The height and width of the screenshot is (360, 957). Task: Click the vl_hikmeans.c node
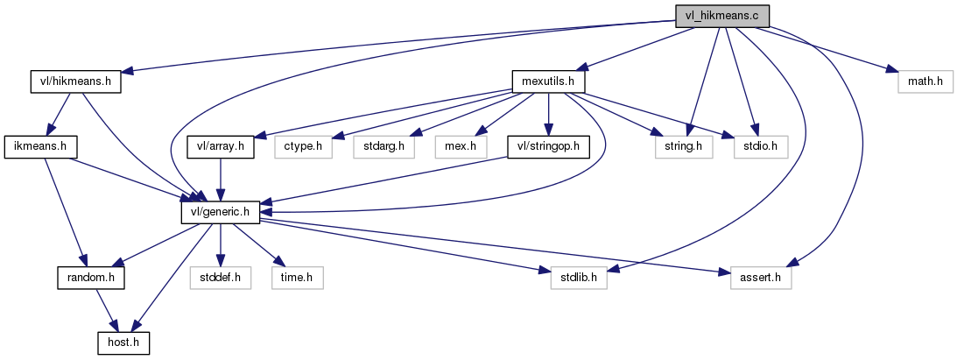tap(722, 16)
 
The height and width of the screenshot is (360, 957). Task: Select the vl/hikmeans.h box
tap(74, 81)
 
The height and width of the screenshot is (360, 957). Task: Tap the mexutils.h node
tap(548, 81)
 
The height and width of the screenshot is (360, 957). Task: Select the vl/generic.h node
tap(221, 212)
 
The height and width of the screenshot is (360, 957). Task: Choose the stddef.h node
tap(221, 278)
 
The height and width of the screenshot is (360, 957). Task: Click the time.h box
tap(296, 278)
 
